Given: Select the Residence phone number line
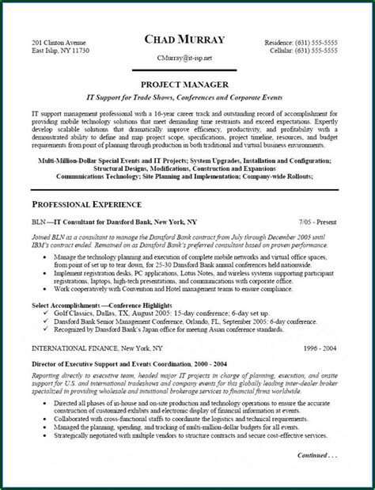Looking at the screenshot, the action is pos(311,40).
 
